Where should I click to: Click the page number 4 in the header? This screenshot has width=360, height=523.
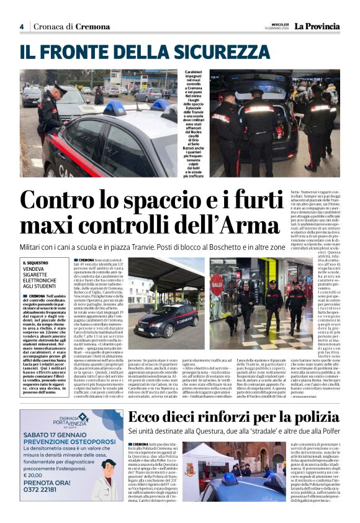coord(22,27)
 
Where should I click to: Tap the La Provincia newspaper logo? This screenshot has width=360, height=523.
coord(317,27)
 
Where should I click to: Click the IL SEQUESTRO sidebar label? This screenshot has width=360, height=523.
coord(37,263)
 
